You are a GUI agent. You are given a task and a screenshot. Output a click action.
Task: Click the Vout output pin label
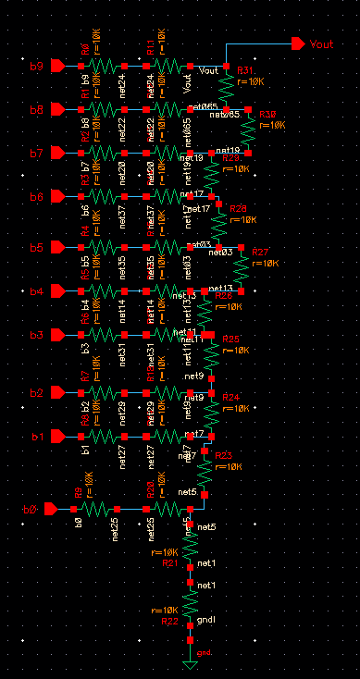click(x=322, y=44)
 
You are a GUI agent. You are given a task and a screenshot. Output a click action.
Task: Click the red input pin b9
click(x=57, y=67)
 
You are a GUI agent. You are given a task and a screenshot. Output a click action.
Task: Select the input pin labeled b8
click(x=57, y=110)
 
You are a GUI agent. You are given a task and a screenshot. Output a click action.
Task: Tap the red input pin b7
click(x=57, y=153)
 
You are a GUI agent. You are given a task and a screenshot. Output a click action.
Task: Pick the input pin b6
click(x=57, y=197)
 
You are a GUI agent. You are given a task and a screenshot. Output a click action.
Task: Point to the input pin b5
click(x=57, y=247)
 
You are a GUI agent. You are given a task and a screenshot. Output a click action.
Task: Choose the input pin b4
click(x=57, y=291)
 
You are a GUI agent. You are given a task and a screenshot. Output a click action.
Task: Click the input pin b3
click(x=57, y=334)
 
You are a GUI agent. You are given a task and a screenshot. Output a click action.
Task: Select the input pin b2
click(x=57, y=392)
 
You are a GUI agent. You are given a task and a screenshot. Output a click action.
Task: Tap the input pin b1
click(x=57, y=436)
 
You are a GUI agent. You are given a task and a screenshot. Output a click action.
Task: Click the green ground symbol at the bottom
click(x=190, y=664)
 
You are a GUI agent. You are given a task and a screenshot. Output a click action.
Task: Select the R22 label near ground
click(x=169, y=622)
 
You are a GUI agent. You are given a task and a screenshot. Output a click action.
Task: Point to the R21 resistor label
click(x=169, y=562)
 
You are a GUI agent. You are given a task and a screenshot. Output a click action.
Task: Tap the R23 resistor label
click(x=224, y=455)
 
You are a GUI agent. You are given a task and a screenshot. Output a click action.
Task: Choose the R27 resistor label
click(x=261, y=253)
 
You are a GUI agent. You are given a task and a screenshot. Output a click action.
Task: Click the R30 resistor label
click(x=267, y=114)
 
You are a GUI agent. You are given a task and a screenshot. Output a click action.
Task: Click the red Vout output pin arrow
click(x=297, y=43)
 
